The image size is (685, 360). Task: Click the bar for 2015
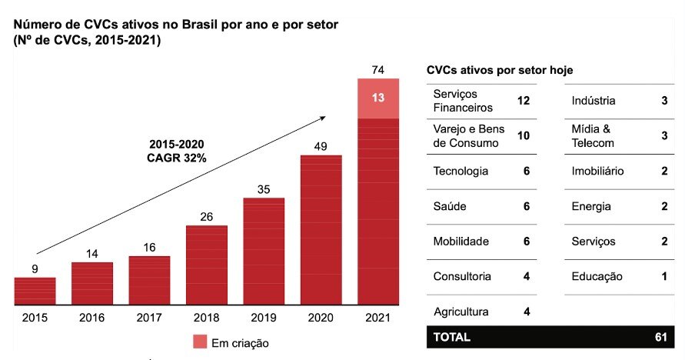tap(35, 291)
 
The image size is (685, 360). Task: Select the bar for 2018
tap(207, 265)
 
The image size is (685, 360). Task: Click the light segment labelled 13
tap(378, 98)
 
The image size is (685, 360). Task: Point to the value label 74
tap(378, 70)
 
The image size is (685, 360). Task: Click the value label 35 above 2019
tap(264, 189)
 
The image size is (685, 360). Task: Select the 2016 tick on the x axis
tap(92, 317)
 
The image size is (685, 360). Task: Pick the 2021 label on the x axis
tap(378, 317)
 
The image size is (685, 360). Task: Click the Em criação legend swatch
tap(201, 342)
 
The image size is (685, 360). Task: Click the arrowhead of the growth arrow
tap(323, 118)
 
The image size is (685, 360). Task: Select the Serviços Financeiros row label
tap(463, 101)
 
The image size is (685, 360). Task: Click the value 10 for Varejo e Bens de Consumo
tap(524, 136)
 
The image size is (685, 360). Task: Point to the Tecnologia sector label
tap(461, 171)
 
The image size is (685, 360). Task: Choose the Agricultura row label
tap(461, 312)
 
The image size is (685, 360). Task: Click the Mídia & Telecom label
tap(593, 136)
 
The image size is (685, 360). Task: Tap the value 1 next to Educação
tap(663, 276)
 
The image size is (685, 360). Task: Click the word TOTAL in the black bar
tap(452, 337)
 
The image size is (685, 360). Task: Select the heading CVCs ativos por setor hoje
tap(500, 70)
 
